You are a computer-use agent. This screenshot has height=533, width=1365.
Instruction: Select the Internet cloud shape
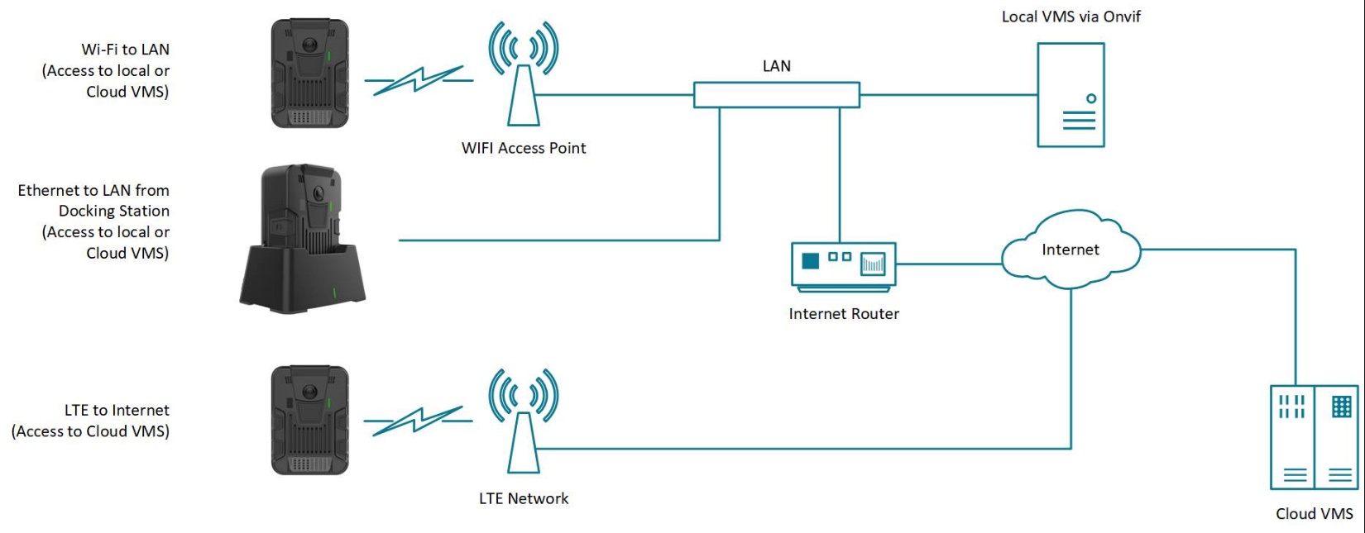pyautogui.click(x=1070, y=250)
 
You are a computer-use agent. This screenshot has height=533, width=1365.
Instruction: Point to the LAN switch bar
pyautogui.click(x=776, y=95)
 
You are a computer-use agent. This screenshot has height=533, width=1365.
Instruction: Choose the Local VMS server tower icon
pyautogui.click(x=1070, y=95)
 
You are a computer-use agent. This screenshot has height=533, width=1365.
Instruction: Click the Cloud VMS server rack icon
pyautogui.click(x=1314, y=437)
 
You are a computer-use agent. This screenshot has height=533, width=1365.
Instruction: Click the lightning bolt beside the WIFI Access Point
pyautogui.click(x=418, y=80)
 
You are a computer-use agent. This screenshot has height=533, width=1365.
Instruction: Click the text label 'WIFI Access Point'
pyautogui.click(x=524, y=148)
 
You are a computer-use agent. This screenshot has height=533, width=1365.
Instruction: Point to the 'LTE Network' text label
pyautogui.click(x=524, y=498)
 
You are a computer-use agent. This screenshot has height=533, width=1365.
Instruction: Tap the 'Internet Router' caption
pyautogui.click(x=844, y=314)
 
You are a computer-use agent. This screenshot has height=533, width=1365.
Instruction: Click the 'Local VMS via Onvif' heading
pyautogui.click(x=1070, y=17)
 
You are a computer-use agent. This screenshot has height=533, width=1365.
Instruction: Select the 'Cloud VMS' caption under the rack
pyautogui.click(x=1314, y=514)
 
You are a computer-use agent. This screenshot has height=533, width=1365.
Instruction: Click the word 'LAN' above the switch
pyautogui.click(x=776, y=66)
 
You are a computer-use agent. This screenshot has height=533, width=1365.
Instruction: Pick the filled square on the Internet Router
pyautogui.click(x=811, y=260)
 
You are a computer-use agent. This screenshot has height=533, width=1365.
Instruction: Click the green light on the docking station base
pyautogui.click(x=334, y=293)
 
